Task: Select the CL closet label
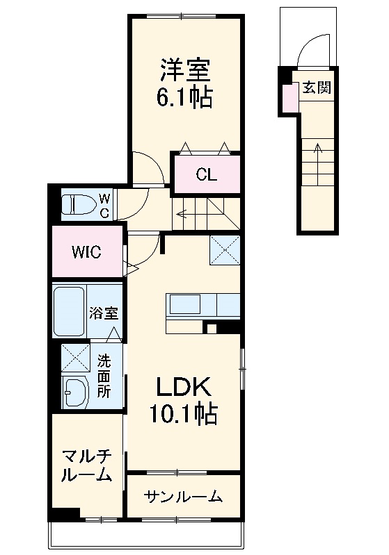(206, 174)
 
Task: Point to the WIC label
(87, 251)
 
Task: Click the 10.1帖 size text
(182, 415)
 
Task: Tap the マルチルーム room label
(87, 465)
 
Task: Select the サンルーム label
(183, 496)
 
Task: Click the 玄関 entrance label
(316, 88)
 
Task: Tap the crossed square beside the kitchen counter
(225, 250)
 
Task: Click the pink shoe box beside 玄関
(288, 98)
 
